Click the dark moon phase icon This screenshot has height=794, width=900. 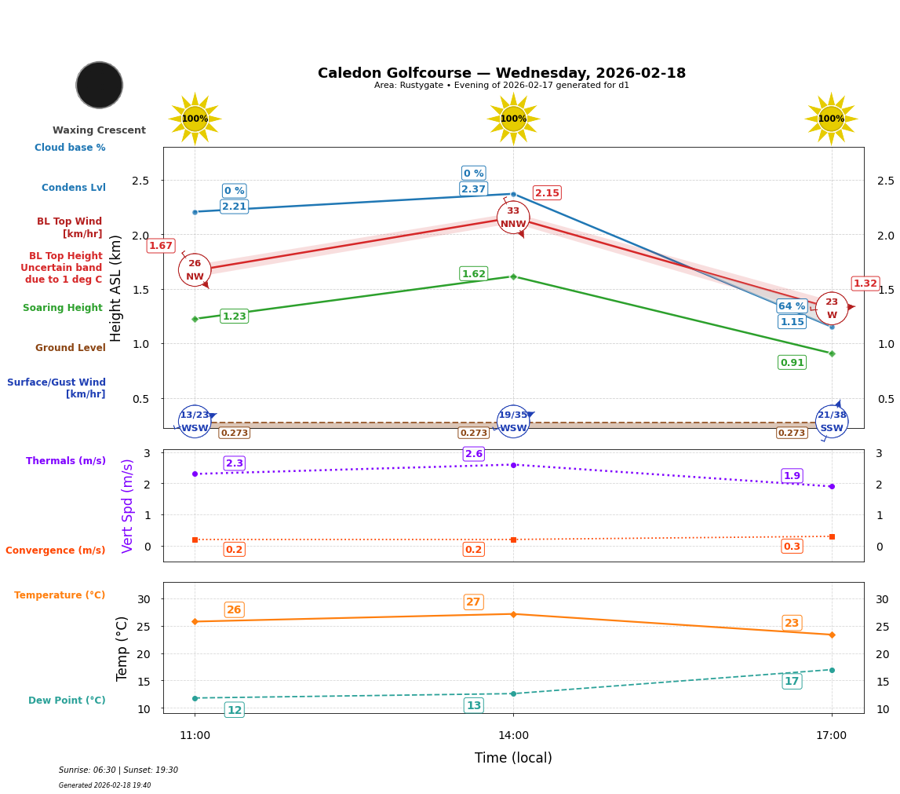point(100,85)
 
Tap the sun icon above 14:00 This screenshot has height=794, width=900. point(513,119)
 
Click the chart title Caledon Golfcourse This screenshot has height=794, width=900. point(501,73)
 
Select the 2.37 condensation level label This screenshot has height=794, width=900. point(473,189)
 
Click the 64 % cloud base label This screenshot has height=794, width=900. point(792,306)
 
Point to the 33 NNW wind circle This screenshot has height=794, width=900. point(513,218)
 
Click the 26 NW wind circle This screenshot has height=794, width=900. point(195,270)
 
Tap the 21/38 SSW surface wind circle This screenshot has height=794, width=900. point(832,422)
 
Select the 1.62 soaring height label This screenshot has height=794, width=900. point(473,274)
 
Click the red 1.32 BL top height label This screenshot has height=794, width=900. point(865,284)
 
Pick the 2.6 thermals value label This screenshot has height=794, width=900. point(473,454)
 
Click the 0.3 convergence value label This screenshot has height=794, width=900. point(792,547)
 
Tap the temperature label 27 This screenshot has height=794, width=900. point(473,602)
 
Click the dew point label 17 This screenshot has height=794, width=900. point(792,681)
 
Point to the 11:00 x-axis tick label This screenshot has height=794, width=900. point(195,736)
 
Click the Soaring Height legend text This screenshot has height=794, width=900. point(63,308)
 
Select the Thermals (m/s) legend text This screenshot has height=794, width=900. point(66,461)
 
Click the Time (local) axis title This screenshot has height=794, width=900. point(513,758)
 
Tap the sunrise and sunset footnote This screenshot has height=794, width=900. point(118,770)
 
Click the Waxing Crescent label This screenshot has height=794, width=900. point(99,130)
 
